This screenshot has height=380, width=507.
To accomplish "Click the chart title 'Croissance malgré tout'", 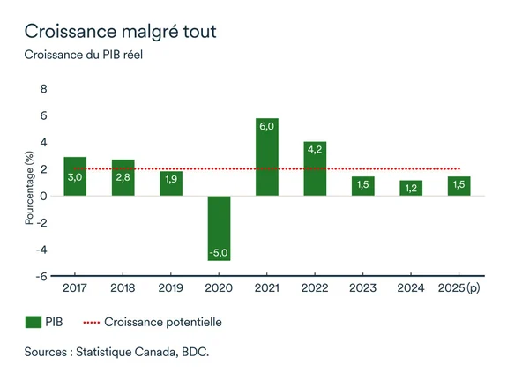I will [120, 31].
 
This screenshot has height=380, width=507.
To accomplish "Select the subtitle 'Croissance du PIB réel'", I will [83, 55].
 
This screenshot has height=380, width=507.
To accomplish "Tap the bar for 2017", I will [75, 176].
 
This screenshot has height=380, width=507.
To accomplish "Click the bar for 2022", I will [315, 168].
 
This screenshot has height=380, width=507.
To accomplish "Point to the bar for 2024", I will [411, 188].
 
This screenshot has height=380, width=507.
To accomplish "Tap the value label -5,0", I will [219, 253].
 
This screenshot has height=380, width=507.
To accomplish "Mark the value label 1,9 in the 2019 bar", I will [171, 179].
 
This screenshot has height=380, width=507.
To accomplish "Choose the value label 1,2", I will [411, 188].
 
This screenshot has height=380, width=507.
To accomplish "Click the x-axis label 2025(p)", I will [459, 287].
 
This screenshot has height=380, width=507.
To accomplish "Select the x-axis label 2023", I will [362, 287].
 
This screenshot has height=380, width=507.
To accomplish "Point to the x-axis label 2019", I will [171, 287].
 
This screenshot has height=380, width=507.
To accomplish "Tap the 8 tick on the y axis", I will [43, 89].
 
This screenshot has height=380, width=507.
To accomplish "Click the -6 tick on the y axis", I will [41, 276].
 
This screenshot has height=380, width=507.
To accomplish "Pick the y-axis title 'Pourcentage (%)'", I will [29, 188].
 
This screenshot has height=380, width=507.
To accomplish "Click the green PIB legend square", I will [34, 322].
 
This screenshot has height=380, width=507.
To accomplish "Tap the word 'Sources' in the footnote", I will [48, 352].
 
